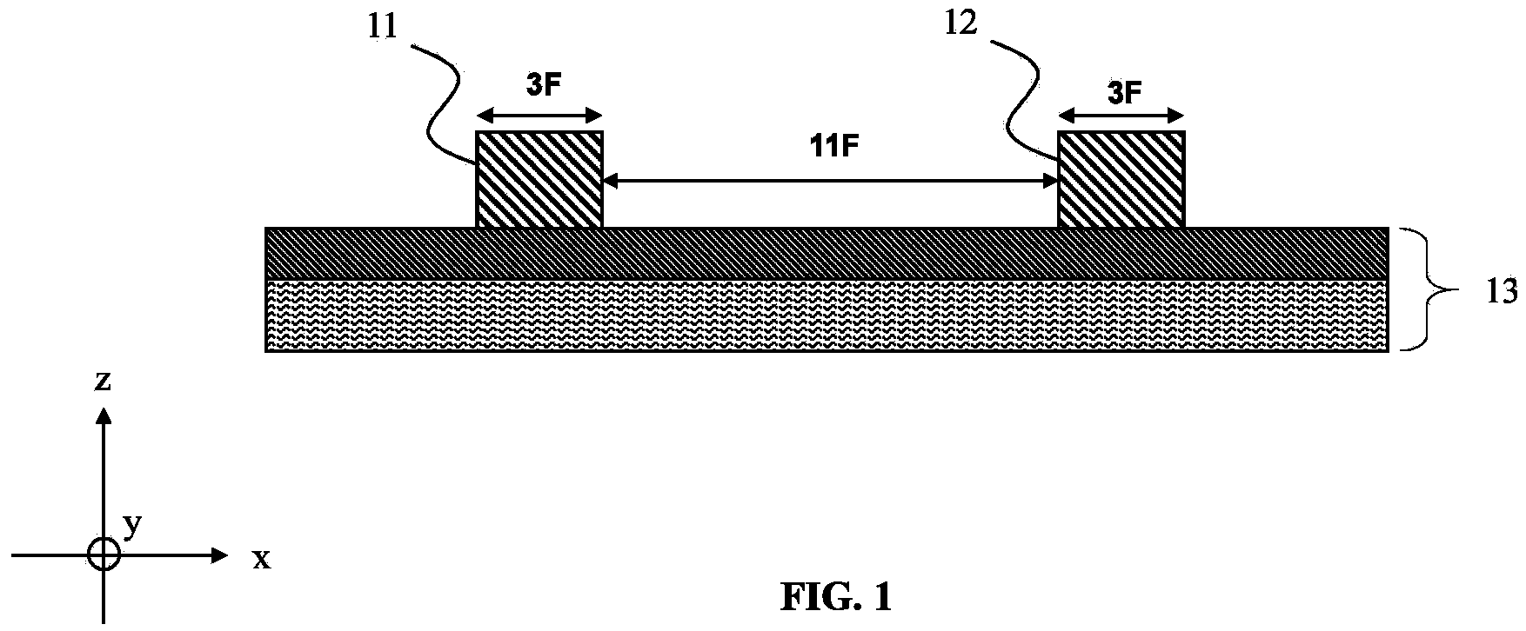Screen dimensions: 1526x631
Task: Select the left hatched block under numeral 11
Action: [539, 180]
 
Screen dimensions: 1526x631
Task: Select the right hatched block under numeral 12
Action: [1121, 180]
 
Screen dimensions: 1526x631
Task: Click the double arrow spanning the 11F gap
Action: [831, 182]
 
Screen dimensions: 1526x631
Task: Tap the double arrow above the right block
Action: [1121, 116]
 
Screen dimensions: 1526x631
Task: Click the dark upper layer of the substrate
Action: [827, 254]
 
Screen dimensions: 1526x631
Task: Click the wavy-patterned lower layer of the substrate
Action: [827, 315]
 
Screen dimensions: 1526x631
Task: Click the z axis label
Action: [103, 382]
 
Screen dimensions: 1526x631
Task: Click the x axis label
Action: [261, 560]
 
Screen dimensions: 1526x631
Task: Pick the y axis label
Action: [132, 526]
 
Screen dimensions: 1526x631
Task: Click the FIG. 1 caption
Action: [836, 595]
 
